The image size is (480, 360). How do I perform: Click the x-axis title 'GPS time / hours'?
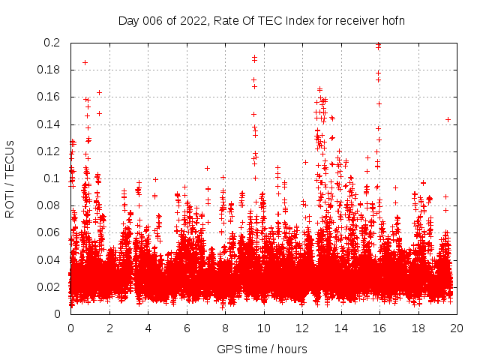tap(262, 349)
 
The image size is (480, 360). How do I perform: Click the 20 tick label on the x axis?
tap(456, 328)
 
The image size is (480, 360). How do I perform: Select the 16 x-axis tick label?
tap(379, 328)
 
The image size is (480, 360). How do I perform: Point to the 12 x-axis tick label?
tap(301, 328)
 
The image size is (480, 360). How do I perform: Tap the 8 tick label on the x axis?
tap(225, 328)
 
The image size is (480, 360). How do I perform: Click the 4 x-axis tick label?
tap(148, 328)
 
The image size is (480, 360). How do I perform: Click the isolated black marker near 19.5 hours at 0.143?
tap(448, 120)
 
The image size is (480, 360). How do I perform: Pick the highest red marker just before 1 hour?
tap(85, 63)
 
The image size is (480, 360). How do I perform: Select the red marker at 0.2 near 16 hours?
tap(378, 44)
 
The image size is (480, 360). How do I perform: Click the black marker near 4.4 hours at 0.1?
tap(155, 179)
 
